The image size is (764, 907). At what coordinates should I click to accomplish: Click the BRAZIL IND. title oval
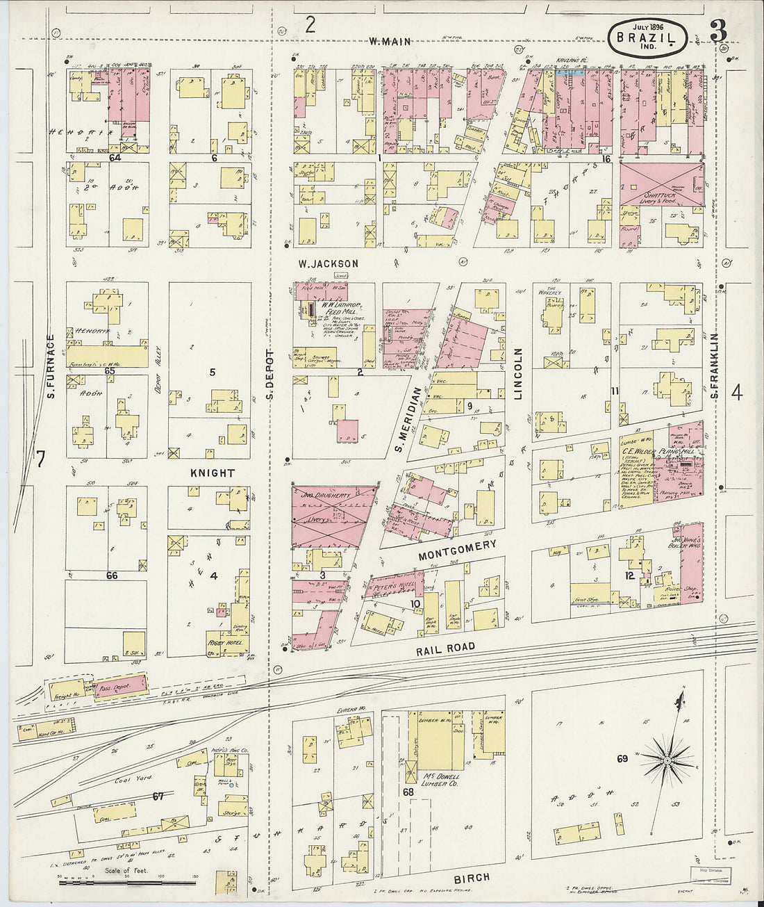pyautogui.click(x=647, y=38)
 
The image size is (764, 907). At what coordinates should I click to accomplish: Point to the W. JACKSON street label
pyautogui.click(x=328, y=264)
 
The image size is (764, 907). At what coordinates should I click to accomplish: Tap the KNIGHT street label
pyautogui.click(x=213, y=473)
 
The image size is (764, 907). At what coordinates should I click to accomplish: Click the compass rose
pyautogui.click(x=667, y=760)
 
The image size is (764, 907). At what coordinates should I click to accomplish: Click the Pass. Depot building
pyautogui.click(x=121, y=685)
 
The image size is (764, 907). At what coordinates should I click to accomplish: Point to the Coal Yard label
pyautogui.click(x=133, y=779)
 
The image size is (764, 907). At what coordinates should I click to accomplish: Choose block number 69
pyautogui.click(x=622, y=759)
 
